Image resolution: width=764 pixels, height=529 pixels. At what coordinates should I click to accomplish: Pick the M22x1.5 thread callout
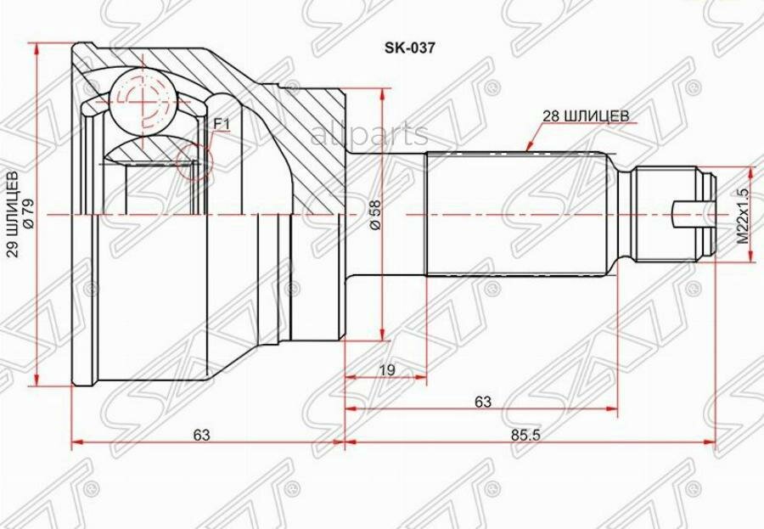pos(742,217)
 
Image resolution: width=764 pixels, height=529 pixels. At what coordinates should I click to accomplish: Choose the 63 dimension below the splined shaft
pos(482,402)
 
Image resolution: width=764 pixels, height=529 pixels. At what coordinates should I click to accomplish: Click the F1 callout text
pos(222,124)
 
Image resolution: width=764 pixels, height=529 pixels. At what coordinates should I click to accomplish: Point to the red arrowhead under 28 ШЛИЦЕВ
pos(528,147)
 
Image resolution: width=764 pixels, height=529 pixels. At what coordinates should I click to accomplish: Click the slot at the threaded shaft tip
pos(688,215)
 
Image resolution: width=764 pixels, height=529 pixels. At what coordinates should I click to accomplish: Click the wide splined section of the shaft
pos(518,215)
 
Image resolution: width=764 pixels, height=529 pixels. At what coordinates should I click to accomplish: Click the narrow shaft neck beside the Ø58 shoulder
pos(386,215)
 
